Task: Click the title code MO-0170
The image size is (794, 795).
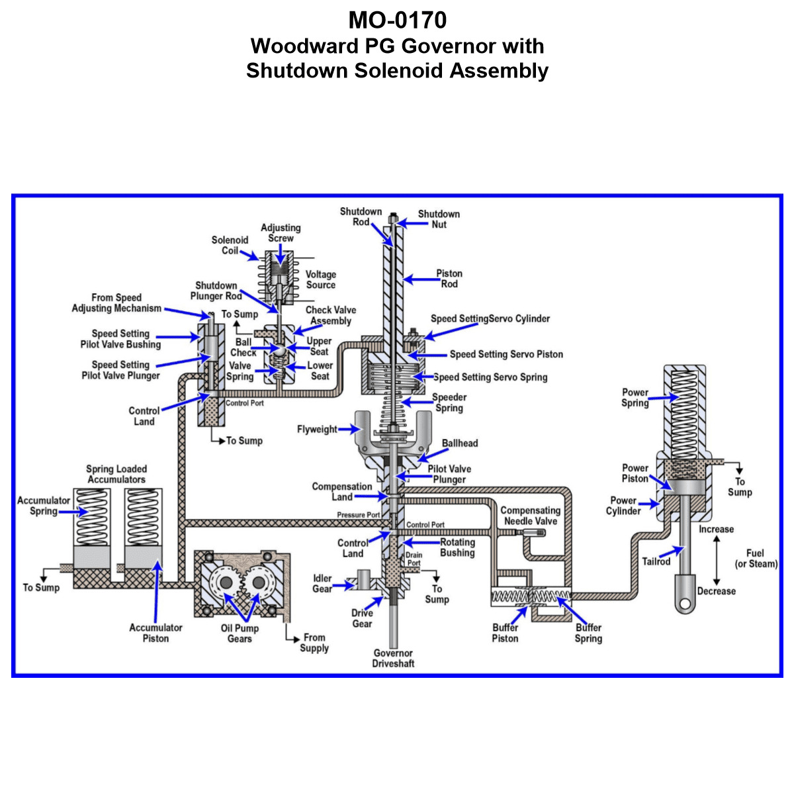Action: point(397,21)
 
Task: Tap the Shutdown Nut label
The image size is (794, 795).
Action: point(439,219)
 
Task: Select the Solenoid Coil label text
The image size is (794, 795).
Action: point(230,246)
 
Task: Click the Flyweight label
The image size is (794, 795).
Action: point(317,430)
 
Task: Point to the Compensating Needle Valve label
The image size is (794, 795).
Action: point(530,516)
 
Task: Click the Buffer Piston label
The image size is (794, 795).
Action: point(505,633)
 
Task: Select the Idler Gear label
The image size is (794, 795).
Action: point(322,583)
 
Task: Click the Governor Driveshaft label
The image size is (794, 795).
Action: point(393,658)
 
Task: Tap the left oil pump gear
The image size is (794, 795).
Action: point(226,582)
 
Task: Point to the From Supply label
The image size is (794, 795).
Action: point(314,643)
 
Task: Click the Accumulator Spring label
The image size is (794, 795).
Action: point(43,506)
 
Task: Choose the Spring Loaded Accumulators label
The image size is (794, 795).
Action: point(116,474)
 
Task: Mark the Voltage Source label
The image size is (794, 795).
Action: point(321,279)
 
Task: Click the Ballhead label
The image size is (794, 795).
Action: point(460,444)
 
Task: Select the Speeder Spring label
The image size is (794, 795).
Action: point(449,402)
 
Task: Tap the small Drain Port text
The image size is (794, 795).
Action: point(414,559)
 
